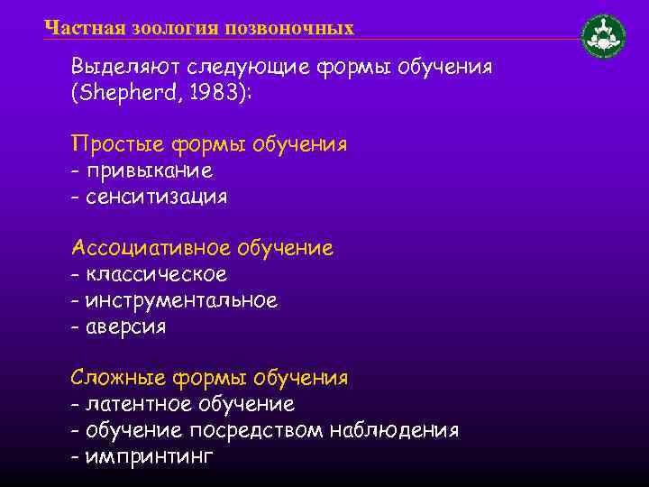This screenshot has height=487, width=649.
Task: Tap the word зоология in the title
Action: pyautogui.click(x=172, y=28)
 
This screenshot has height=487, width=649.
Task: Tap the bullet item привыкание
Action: pyautogui.click(x=149, y=170)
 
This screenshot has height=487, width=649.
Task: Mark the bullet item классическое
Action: pyautogui.click(x=156, y=273)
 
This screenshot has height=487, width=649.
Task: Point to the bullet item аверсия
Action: pyautogui.click(x=125, y=326)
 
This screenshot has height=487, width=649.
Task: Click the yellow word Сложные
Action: pyautogui.click(x=114, y=377)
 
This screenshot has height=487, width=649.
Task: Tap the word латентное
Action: pyautogui.click(x=135, y=403)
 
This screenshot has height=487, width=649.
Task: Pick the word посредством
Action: pyautogui.click(x=266, y=429)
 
